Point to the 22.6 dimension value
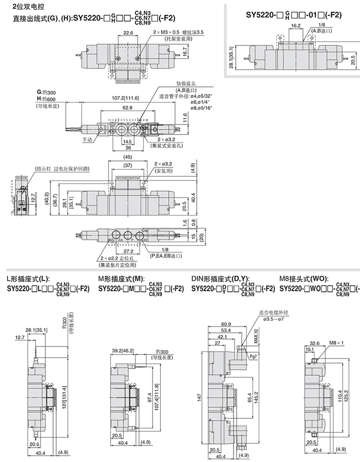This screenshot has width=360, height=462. coord(128,33)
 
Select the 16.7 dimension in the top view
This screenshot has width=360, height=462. coord(159,53)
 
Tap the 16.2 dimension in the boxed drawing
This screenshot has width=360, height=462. coord(295,26)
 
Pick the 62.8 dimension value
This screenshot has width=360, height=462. coord(127,108)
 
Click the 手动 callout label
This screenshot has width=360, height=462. coord(87,139)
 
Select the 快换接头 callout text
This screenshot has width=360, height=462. coord(185,84)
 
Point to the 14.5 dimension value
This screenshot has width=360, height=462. coord(128,141)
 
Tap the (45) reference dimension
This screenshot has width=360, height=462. coord(127,158)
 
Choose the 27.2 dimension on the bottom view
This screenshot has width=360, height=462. coord(128,251)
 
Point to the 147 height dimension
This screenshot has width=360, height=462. coord(199,397)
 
